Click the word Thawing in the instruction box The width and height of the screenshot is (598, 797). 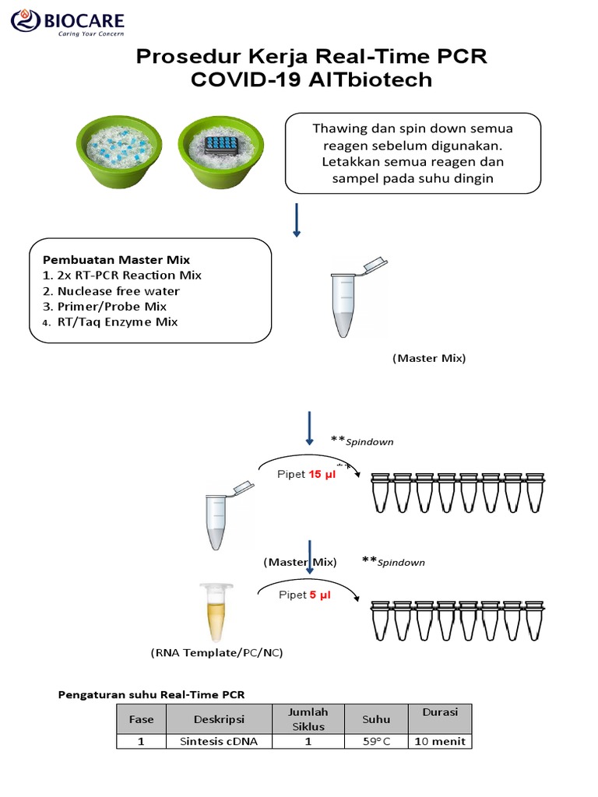click(336, 128)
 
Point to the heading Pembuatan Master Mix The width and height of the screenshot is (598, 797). click(116, 260)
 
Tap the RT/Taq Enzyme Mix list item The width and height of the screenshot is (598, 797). click(116, 322)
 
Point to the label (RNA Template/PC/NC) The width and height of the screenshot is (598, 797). click(216, 653)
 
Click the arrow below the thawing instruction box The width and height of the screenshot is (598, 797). click(297, 219)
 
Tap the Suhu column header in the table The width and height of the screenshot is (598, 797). click(375, 720)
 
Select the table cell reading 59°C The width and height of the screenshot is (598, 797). click(375, 742)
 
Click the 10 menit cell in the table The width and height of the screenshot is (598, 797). click(440, 742)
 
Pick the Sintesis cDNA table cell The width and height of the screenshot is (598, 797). click(219, 742)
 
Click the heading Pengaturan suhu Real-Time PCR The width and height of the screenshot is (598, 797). click(153, 693)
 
